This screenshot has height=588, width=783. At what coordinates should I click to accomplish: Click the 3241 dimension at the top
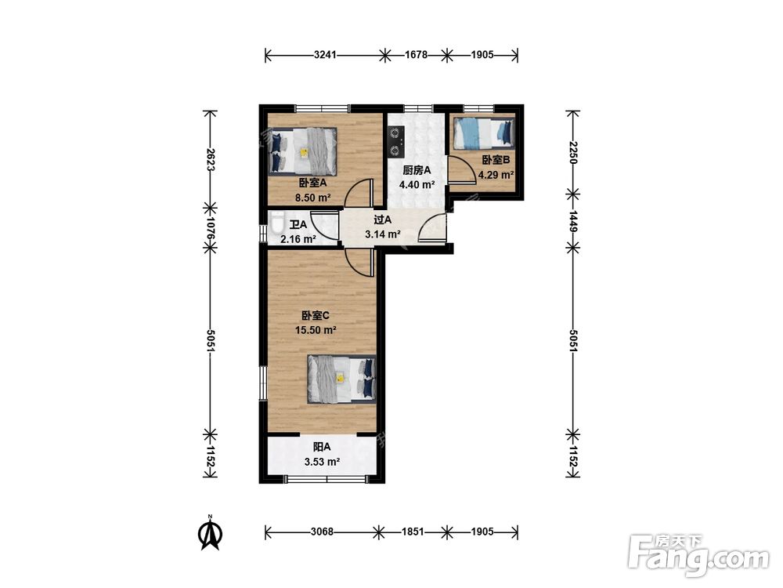point(325,55)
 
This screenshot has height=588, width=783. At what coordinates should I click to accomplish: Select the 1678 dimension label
point(416,55)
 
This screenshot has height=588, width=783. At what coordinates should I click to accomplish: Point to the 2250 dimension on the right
point(573,153)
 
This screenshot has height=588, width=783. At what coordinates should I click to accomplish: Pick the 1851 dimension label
point(413,532)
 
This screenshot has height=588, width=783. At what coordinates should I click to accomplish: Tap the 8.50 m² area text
point(313,198)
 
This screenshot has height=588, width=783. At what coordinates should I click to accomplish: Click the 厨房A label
point(417,170)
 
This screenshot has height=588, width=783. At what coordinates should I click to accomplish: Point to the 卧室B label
point(496,160)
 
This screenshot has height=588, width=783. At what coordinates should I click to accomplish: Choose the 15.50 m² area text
point(316,330)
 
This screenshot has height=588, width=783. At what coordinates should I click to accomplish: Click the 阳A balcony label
point(322,447)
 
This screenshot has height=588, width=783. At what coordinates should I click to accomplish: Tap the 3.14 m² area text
point(383,234)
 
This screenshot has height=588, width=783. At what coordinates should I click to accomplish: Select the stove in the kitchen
point(395,141)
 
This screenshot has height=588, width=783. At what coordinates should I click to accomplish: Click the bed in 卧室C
point(341,379)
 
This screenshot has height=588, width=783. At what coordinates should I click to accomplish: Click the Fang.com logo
point(699,556)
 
